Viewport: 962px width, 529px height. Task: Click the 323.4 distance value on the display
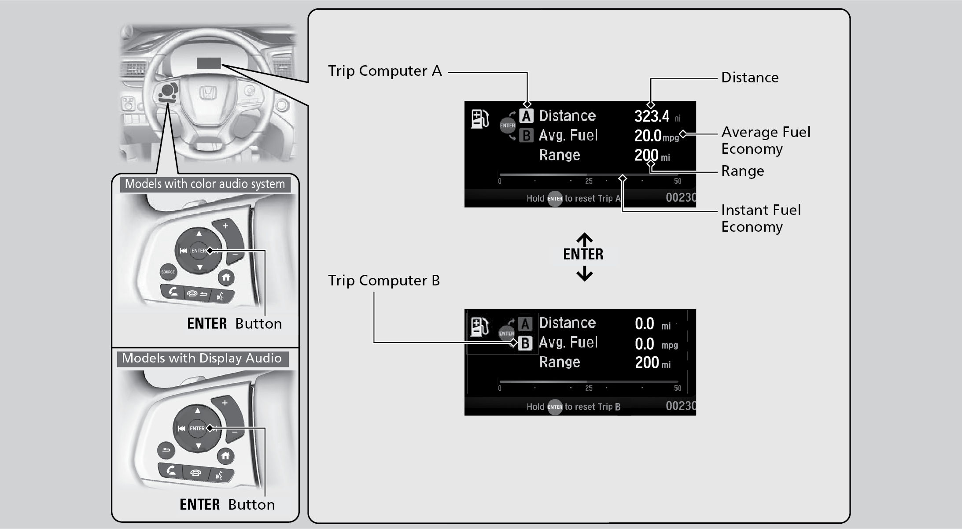pyautogui.click(x=652, y=116)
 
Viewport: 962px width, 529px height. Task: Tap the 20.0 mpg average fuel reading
pyautogui.click(x=648, y=136)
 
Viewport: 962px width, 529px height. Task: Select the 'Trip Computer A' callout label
pyautogui.click(x=385, y=71)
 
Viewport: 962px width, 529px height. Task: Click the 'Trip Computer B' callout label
pyautogui.click(x=384, y=281)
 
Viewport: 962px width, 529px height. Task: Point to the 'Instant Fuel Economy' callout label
pyautogui.click(x=761, y=218)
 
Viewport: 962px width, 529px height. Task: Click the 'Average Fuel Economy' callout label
pyautogui.click(x=766, y=140)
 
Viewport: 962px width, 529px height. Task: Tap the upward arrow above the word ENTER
pyautogui.click(x=584, y=239)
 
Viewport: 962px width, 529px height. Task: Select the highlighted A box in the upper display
pyautogui.click(x=526, y=116)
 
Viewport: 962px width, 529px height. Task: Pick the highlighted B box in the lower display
pyautogui.click(x=525, y=343)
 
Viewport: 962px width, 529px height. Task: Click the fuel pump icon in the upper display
pyautogui.click(x=479, y=119)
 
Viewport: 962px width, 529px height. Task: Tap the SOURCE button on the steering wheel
pyautogui.click(x=168, y=272)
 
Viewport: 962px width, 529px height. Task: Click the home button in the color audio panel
pyautogui.click(x=226, y=277)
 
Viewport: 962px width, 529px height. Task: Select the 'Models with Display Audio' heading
pyautogui.click(x=202, y=358)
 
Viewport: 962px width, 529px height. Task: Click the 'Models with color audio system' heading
pyautogui.click(x=205, y=184)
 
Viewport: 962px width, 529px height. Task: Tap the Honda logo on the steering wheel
pyautogui.click(x=208, y=93)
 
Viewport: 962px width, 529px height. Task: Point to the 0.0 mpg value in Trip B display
pyautogui.click(x=645, y=344)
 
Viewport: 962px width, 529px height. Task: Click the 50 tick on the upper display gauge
pyautogui.click(x=678, y=181)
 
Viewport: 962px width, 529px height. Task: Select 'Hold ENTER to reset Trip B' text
pyautogui.click(x=573, y=407)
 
